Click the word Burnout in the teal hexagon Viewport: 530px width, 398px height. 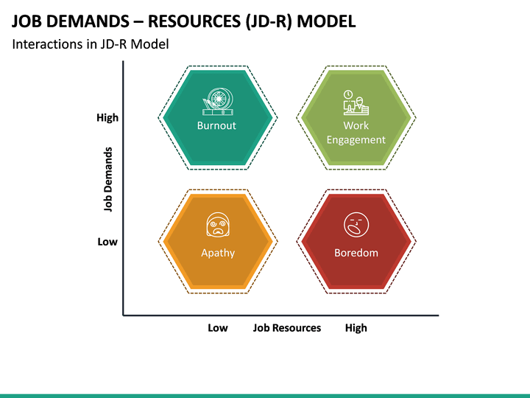point(216,125)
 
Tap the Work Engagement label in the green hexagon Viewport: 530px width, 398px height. point(356,133)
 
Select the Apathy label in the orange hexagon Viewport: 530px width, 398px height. point(218,253)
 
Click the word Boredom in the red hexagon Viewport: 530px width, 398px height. point(356,253)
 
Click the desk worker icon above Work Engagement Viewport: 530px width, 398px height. point(355,103)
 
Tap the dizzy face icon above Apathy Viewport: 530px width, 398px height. point(217,226)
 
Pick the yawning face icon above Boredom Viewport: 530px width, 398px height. point(356,226)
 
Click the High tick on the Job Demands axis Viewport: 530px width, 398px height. point(107,117)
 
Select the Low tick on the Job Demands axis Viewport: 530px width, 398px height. point(107,241)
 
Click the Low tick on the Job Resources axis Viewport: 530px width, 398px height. point(217,328)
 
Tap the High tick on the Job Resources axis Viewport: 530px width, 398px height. point(356,328)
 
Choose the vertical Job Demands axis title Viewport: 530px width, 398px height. point(108,180)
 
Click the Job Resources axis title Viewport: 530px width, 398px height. point(287,328)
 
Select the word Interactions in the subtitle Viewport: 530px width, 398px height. point(46,44)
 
